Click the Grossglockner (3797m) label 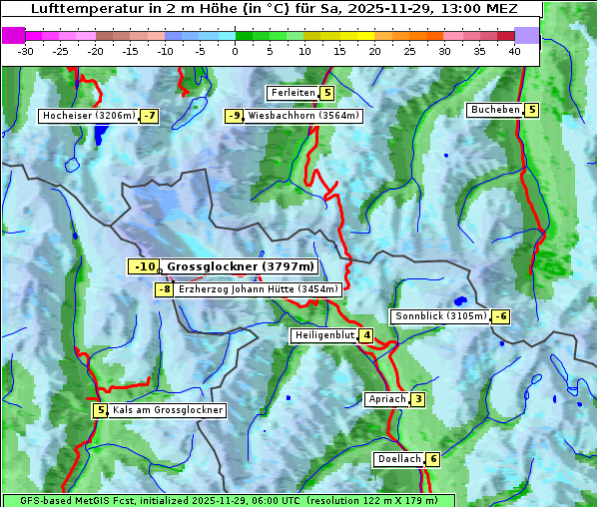(240, 266)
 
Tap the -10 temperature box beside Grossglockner (144, 266)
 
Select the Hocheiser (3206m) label (88, 116)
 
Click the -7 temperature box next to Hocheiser (149, 116)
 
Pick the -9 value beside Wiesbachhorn (235, 116)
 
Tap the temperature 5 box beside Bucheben (531, 110)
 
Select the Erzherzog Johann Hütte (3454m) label (259, 289)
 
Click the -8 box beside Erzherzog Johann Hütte (164, 289)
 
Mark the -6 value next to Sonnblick (501, 316)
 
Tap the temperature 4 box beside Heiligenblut (366, 335)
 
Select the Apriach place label (387, 399)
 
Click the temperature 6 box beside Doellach (432, 459)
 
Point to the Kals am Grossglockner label (167, 410)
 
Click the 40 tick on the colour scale (514, 50)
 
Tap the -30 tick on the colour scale (26, 50)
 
